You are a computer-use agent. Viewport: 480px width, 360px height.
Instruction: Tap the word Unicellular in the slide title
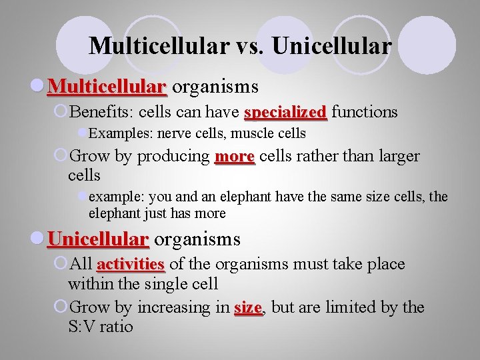pyautogui.click(x=331, y=45)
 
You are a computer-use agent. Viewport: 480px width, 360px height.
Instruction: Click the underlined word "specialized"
pyautogui.click(x=285, y=112)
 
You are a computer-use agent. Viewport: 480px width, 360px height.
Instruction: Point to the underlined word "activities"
pyautogui.click(x=131, y=264)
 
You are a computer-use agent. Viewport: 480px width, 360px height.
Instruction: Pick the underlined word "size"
pyautogui.click(x=248, y=307)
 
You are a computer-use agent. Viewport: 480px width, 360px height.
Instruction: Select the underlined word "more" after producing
pyautogui.click(x=235, y=157)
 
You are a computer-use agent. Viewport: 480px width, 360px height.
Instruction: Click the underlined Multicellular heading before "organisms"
pyautogui.click(x=107, y=87)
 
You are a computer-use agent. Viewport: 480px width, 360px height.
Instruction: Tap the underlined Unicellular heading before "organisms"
pyautogui.click(x=98, y=239)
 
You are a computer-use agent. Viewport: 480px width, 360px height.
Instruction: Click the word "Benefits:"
pyautogui.click(x=101, y=112)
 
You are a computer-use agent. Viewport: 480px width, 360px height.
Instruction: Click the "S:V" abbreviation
pyautogui.click(x=83, y=327)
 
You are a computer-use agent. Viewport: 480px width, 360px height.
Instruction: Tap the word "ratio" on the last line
pyautogui.click(x=117, y=327)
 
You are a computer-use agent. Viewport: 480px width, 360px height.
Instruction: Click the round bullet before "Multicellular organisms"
pyautogui.click(x=39, y=87)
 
